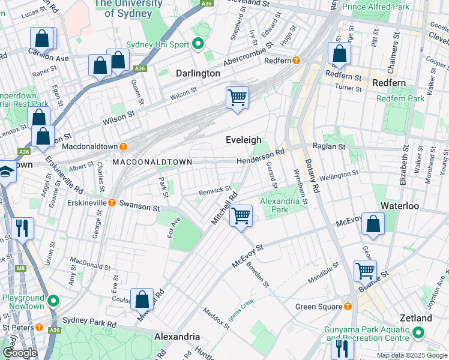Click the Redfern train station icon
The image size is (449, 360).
pos(296,60)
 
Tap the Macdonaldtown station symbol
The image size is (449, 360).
pos(123,146)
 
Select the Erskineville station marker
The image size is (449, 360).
pos(112,203)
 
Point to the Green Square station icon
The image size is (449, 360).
pos(348,307)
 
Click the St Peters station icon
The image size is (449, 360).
pos(39,328)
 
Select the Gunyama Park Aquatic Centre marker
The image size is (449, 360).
pos(418,332)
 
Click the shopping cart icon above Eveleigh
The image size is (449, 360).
pos(237,97)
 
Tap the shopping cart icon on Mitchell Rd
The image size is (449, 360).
pos(241,215)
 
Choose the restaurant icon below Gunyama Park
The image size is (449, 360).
pos(342,349)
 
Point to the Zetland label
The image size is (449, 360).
pos(416,318)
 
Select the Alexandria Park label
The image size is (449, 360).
pos(282,205)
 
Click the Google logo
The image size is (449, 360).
pos(19,353)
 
